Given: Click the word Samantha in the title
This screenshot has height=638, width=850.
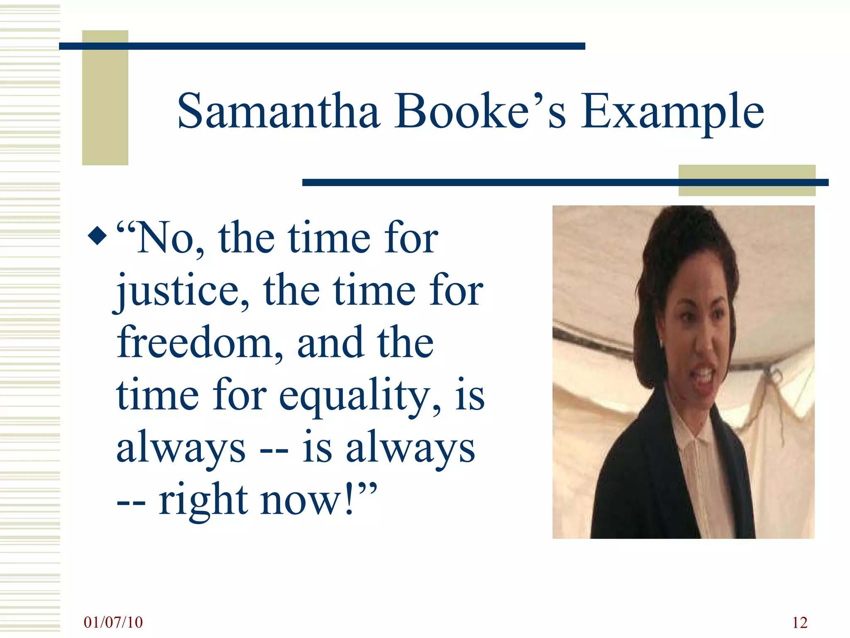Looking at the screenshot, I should tap(278, 111).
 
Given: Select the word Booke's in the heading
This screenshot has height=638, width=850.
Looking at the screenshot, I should tap(480, 111).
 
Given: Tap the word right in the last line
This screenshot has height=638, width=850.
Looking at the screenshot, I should tap(203, 500).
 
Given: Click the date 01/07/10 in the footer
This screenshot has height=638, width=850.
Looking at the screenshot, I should tap(113, 622).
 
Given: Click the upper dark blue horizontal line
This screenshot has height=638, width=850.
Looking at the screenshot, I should tap(322, 46).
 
